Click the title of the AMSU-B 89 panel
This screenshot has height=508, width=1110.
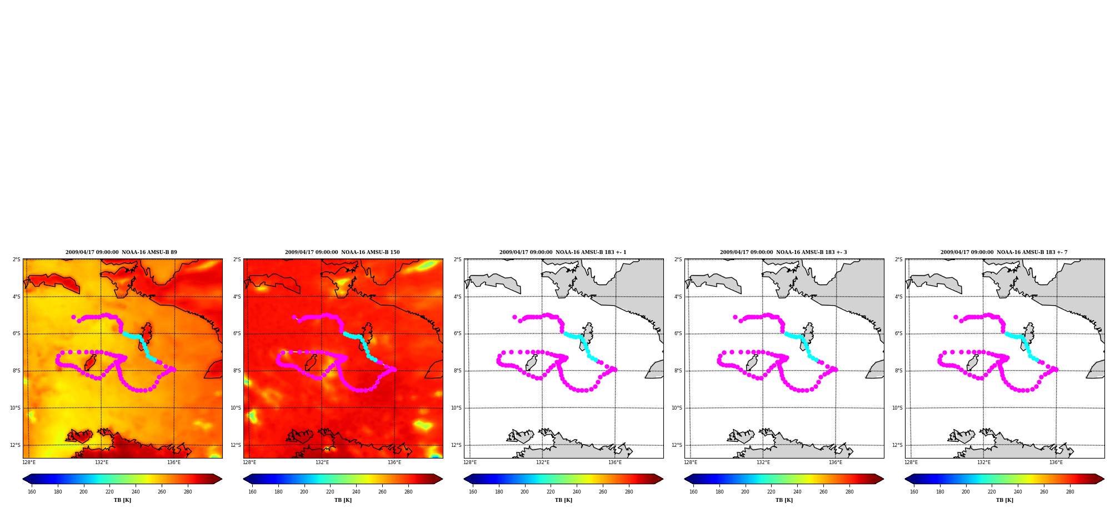(x=121, y=252)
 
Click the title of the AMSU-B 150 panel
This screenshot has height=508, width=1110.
(x=342, y=252)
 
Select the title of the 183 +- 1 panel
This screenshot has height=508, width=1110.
(x=563, y=252)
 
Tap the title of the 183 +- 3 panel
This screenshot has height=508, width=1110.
(x=783, y=252)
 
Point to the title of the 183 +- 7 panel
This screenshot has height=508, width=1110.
(x=1004, y=252)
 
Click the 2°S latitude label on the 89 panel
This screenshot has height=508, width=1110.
(x=17, y=260)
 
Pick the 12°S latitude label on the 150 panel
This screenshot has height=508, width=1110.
(x=236, y=445)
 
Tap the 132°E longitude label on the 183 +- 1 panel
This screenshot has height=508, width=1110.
(x=542, y=462)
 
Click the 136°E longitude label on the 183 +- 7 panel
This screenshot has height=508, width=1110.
(x=1056, y=462)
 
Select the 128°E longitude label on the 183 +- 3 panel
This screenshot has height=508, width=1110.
(x=691, y=462)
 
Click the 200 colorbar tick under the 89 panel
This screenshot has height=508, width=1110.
(x=83, y=492)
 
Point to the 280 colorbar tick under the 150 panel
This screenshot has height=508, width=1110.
(x=408, y=492)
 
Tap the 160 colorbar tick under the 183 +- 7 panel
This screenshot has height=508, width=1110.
(x=914, y=492)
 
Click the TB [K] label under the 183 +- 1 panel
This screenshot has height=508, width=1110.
(x=563, y=500)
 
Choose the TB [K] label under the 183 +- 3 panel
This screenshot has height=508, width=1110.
(x=784, y=500)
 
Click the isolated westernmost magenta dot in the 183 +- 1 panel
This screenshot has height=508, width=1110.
(x=514, y=317)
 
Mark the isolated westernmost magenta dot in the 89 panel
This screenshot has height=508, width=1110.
(x=73, y=317)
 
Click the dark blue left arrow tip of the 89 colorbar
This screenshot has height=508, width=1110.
(x=23, y=479)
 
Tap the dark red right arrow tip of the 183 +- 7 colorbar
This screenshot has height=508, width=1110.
(x=1103, y=479)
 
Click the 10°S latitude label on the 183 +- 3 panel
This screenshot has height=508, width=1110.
(x=677, y=408)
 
